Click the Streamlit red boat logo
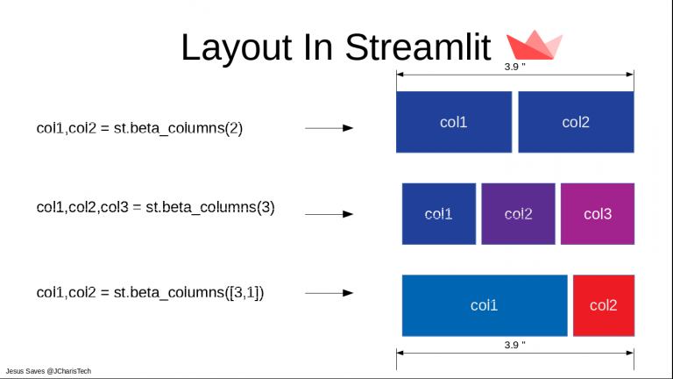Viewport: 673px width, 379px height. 535,46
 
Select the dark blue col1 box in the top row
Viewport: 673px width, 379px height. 453,122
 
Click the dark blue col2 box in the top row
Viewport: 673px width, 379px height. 576,122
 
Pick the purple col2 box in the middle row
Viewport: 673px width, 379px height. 518,213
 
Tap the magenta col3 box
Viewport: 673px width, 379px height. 598,213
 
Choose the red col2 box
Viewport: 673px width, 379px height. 603,305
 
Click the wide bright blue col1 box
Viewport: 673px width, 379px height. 485,305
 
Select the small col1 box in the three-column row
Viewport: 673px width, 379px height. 438,213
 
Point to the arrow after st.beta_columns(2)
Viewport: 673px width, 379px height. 329,128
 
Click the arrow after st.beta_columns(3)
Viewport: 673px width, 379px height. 329,214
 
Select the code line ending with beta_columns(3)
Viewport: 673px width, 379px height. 155,208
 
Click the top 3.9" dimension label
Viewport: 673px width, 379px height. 514,67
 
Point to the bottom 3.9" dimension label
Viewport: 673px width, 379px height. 514,345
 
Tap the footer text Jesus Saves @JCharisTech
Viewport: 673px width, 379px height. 48,371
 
